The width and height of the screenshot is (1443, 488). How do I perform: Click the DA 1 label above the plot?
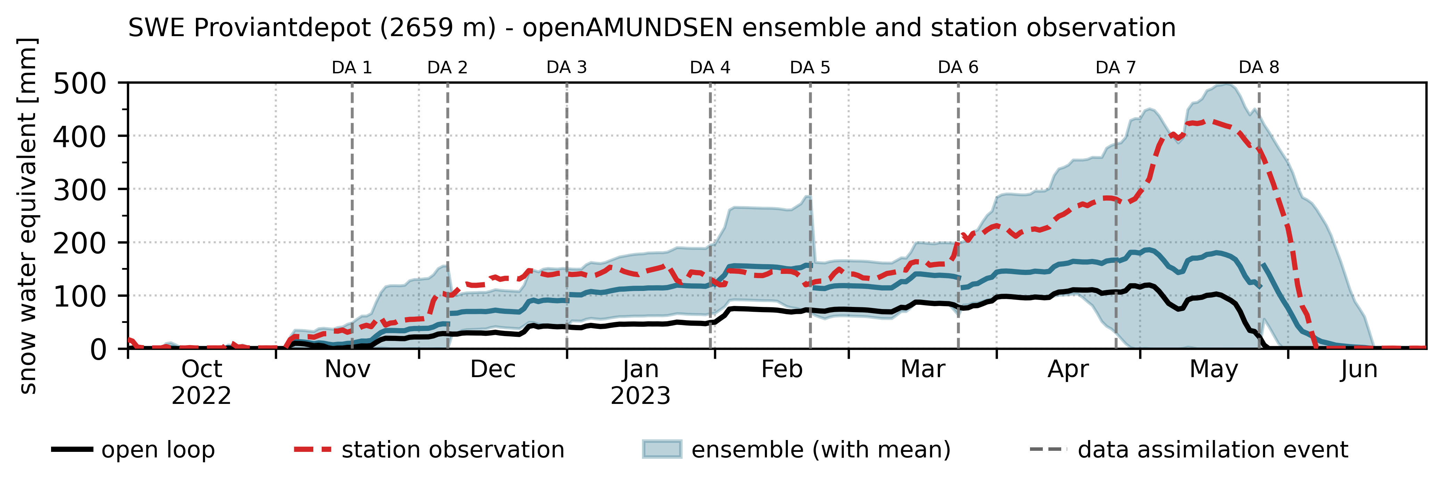(352, 68)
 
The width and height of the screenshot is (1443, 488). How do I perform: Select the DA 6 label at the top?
(958, 68)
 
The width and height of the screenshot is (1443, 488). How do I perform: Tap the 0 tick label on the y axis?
(98, 350)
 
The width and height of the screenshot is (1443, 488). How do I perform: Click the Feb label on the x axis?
(782, 369)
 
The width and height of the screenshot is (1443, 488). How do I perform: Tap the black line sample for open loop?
(72, 449)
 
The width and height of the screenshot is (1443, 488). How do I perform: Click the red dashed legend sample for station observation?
(313, 449)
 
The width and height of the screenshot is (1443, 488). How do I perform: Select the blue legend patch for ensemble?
(662, 449)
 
